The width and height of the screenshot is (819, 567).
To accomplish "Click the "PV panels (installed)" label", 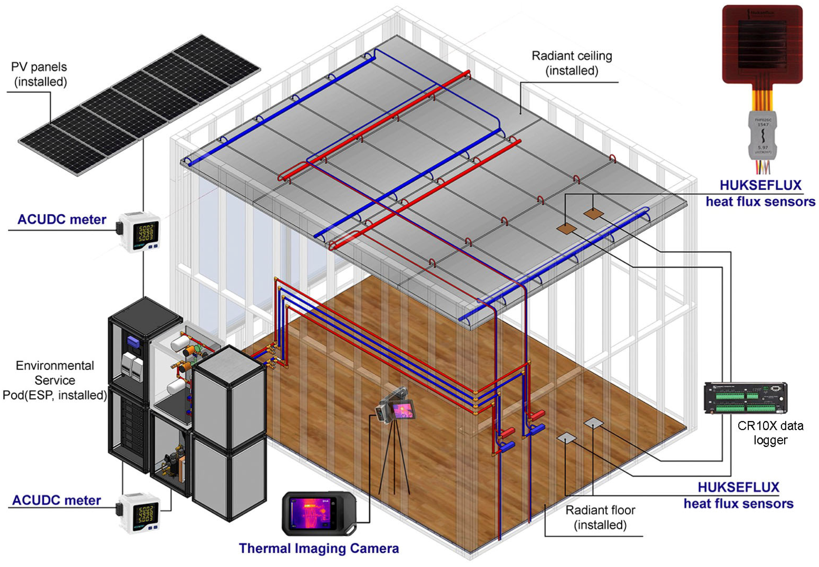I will [39, 74].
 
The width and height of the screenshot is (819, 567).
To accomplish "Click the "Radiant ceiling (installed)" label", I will [572, 63].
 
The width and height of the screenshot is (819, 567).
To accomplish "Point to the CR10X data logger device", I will [745, 398].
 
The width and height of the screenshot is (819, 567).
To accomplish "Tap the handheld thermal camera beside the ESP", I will [318, 513].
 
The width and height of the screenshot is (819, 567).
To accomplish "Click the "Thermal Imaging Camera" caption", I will [319, 548].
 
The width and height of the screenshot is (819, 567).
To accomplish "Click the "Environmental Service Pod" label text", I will [55, 380].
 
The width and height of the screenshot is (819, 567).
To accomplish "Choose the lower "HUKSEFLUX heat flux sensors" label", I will [738, 495].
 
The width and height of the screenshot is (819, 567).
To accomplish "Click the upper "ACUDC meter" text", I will [62, 220].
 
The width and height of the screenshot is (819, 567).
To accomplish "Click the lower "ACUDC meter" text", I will [57, 500].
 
